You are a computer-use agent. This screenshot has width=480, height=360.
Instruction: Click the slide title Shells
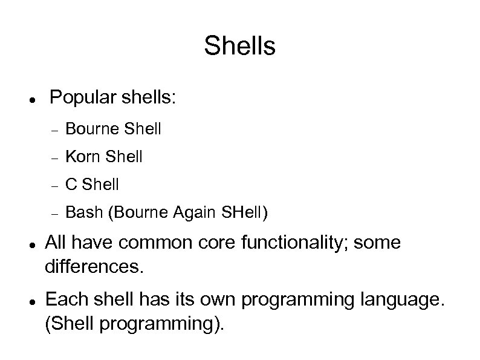click(x=239, y=46)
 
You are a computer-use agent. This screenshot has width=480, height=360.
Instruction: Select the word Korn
click(x=83, y=157)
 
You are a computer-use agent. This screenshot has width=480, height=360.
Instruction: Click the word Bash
click(x=80, y=212)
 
